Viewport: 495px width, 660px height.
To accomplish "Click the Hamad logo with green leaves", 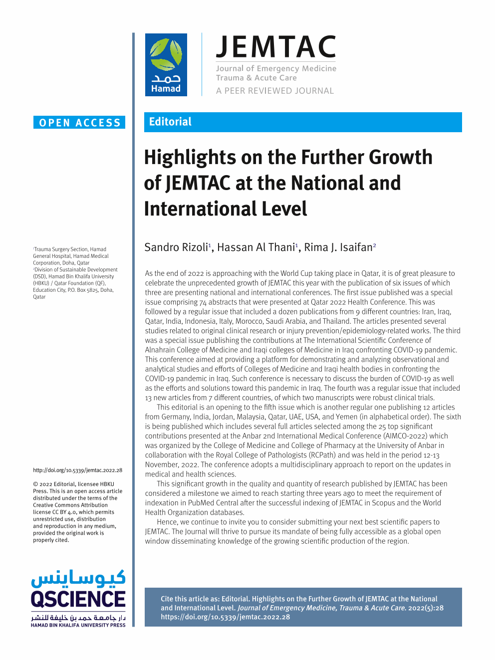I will (x=166, y=64).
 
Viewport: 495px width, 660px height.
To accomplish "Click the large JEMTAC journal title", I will (x=276, y=47).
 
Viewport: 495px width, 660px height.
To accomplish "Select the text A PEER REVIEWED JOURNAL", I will (x=274, y=91).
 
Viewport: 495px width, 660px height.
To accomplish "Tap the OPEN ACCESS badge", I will (x=79, y=123).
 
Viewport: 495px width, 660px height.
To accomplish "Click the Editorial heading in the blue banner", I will (x=170, y=122).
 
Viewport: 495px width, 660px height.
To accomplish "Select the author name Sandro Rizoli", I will (x=176, y=247).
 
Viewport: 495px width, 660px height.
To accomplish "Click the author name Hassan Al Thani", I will (x=255, y=247).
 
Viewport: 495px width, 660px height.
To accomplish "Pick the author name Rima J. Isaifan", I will (x=338, y=247).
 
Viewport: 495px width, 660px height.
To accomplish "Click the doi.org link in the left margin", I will (x=77, y=470).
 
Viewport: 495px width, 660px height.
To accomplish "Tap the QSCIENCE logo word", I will (x=78, y=599).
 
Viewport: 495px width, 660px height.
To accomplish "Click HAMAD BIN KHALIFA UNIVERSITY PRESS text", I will (x=78, y=625).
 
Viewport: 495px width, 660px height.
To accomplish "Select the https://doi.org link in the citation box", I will (x=225, y=617).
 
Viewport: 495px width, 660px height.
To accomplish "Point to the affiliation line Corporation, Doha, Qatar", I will (x=61, y=263).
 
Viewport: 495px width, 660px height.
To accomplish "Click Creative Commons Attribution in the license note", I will (x=70, y=505).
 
